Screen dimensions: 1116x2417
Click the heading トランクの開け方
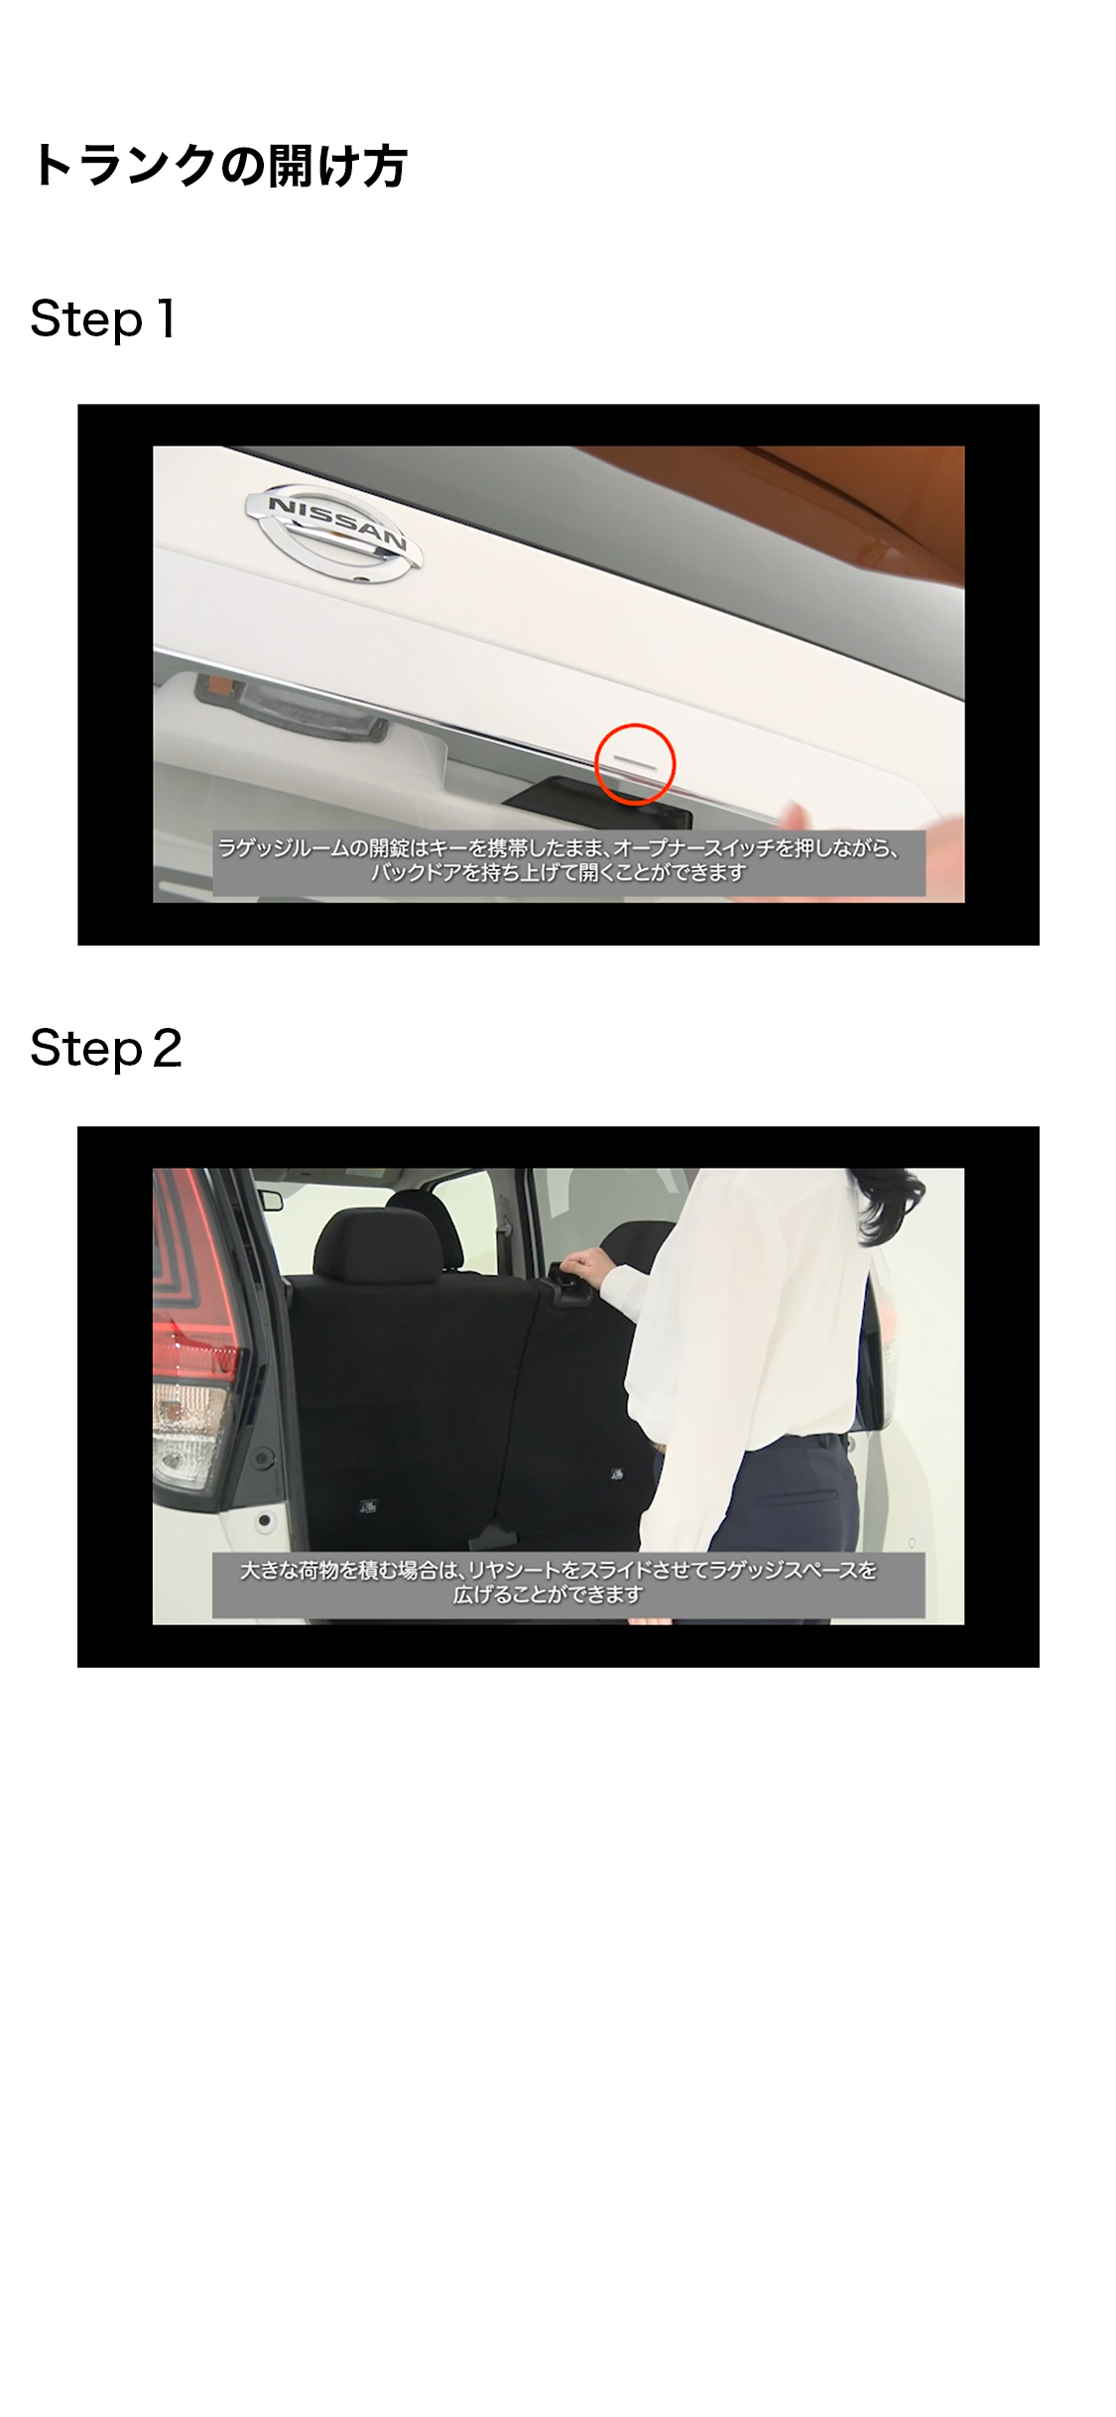pyautogui.click(x=218, y=165)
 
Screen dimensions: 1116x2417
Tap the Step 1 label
pyautogui.click(x=103, y=319)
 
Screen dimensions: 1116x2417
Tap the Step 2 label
pyautogui.click(x=106, y=1049)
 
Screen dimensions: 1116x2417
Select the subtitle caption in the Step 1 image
pyautogui.click(x=568, y=861)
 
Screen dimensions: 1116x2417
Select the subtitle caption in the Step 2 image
pyautogui.click(x=568, y=1584)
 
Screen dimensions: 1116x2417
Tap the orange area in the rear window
pyautogui.click(x=794, y=506)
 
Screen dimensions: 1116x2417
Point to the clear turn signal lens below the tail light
pyautogui.click(x=188, y=1429)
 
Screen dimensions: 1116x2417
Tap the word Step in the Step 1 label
pyautogui.click(x=86, y=320)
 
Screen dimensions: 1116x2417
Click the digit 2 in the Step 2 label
pyautogui.click(x=168, y=1048)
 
